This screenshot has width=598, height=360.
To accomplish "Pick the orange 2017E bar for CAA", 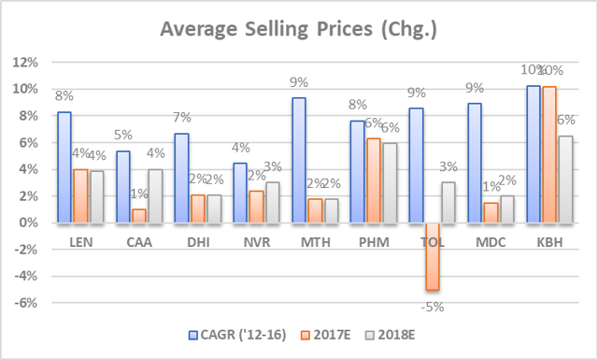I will (x=138, y=216).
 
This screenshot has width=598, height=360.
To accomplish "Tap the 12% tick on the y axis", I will (x=25, y=63).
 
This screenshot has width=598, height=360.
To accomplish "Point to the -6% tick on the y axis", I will (x=25, y=303).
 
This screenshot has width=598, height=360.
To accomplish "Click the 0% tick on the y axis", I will (x=28, y=223).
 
